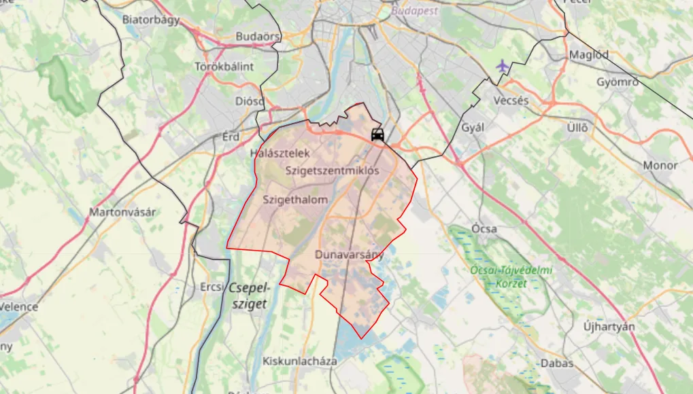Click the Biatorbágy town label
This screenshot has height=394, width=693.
(x=151, y=20)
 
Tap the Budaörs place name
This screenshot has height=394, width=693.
(x=258, y=37)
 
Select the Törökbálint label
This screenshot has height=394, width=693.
(x=224, y=67)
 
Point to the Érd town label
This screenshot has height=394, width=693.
(x=231, y=137)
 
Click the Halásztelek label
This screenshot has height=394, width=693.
(x=280, y=154)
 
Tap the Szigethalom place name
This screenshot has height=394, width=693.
(x=295, y=200)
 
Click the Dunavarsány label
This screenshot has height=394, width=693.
(x=350, y=255)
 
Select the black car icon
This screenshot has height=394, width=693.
(x=377, y=135)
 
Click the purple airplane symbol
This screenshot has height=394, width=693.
(x=502, y=67)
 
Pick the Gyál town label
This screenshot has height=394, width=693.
(x=472, y=128)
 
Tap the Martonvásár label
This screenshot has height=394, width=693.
(x=122, y=212)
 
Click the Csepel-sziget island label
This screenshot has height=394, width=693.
(x=250, y=295)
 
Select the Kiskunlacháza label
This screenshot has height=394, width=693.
(x=300, y=361)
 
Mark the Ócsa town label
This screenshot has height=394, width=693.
(x=484, y=229)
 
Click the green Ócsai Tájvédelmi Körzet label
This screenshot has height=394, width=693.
(x=511, y=276)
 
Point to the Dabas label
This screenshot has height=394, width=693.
(x=557, y=363)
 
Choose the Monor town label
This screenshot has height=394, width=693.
(x=660, y=165)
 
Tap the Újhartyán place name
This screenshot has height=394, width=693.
(x=609, y=327)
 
